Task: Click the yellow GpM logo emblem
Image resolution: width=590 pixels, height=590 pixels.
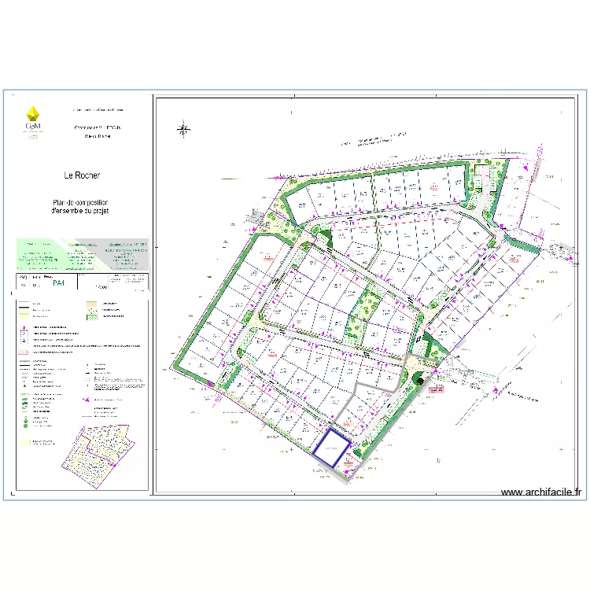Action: (x=33, y=113)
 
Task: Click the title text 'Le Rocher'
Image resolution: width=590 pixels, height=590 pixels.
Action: (x=82, y=175)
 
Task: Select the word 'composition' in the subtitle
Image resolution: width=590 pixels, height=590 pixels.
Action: (x=96, y=203)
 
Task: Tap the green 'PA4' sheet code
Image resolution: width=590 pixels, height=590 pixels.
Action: (x=59, y=288)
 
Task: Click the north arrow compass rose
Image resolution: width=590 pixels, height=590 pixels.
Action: (x=183, y=129)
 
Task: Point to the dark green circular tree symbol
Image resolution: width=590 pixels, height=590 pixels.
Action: (x=419, y=380)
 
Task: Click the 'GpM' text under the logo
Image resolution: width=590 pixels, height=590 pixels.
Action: (x=33, y=126)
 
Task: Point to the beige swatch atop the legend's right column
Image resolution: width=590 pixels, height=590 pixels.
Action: (x=89, y=304)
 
